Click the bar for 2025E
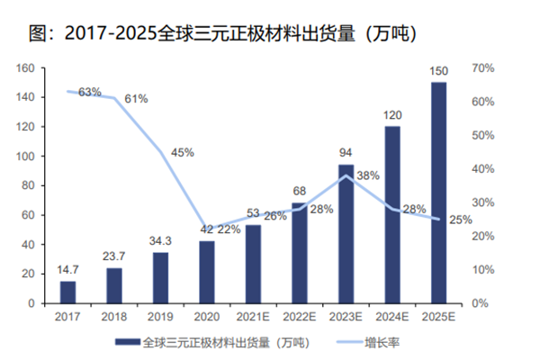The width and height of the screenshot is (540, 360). [x=438, y=193]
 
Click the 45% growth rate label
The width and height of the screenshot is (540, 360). [x=183, y=152]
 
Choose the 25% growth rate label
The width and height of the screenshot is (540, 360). [x=460, y=219]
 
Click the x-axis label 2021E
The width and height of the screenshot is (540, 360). [x=253, y=317]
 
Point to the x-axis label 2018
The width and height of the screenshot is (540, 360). [x=114, y=317]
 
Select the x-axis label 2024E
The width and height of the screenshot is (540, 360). [x=392, y=317]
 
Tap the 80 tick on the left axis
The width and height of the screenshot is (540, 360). [x=28, y=186]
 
